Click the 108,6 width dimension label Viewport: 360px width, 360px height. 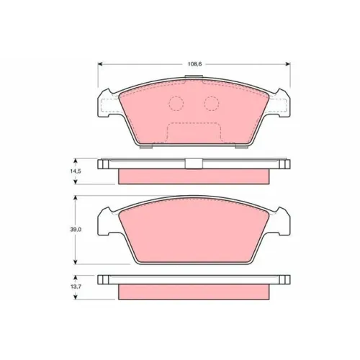[x=194, y=64]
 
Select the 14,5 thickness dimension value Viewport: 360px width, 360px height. [x=76, y=171]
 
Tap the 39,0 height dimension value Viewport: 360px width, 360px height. [x=76, y=230]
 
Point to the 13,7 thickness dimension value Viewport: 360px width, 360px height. [x=76, y=287]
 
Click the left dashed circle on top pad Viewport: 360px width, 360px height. [x=176, y=104]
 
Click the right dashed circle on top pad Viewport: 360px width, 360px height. [x=212, y=104]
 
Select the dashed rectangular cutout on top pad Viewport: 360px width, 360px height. [x=194, y=132]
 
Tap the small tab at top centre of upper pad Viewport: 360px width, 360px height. [x=194, y=77]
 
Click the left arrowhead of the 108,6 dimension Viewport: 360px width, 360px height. [x=100, y=64]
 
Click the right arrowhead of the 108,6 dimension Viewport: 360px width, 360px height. [x=287, y=64]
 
